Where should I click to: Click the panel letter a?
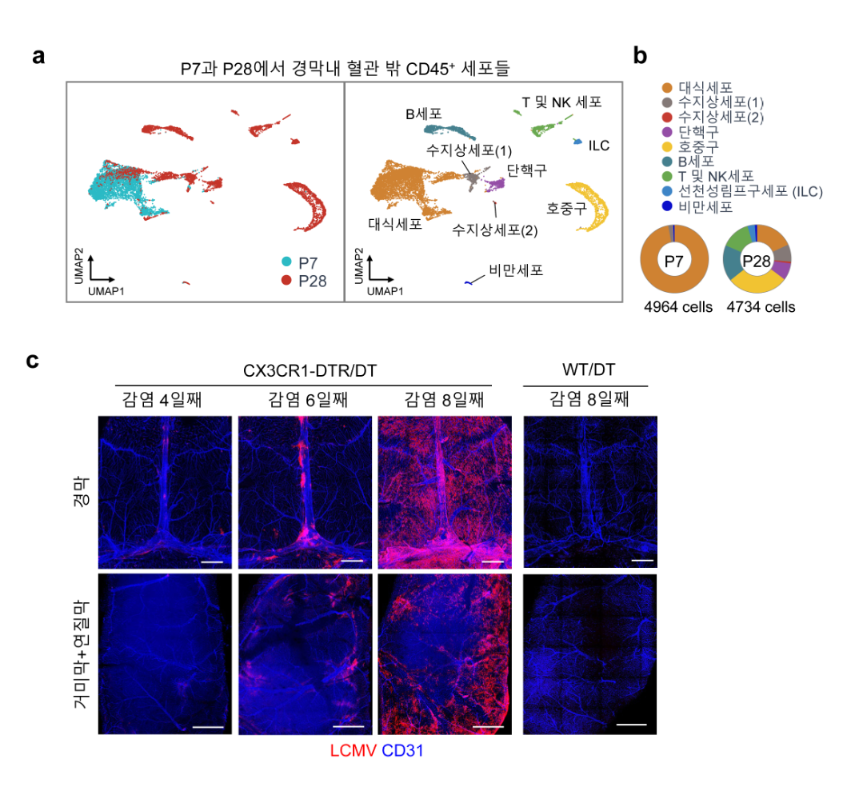point(38,58)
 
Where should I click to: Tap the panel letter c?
point(33,360)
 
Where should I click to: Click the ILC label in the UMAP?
point(599,146)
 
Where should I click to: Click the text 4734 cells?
point(761,306)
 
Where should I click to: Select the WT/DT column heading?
point(585,371)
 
